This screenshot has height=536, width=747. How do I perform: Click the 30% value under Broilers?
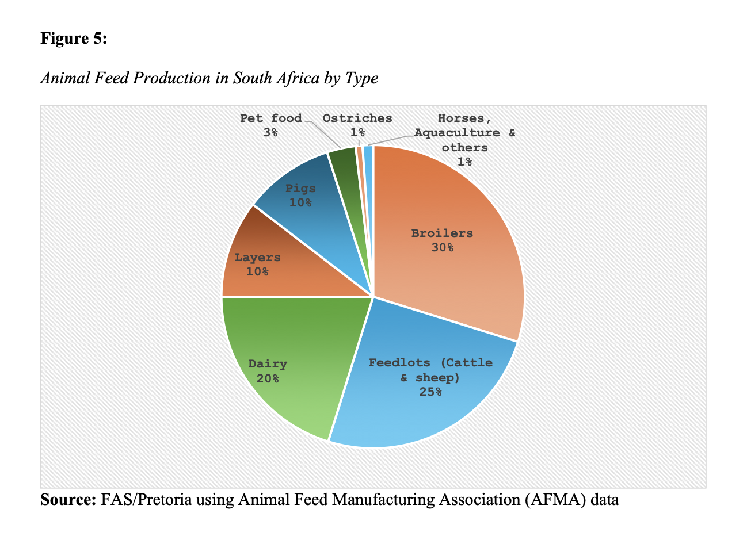pyautogui.click(x=442, y=248)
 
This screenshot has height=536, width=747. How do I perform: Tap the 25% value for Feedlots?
pyautogui.click(x=430, y=392)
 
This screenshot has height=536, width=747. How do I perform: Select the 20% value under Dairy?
pyautogui.click(x=268, y=378)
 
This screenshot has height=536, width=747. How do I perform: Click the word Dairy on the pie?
pyautogui.click(x=268, y=364)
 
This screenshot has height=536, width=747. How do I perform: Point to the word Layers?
pyautogui.click(x=257, y=258)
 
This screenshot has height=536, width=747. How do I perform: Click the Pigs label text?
pyautogui.click(x=300, y=189)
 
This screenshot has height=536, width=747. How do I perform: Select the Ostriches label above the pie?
pyautogui.click(x=357, y=118)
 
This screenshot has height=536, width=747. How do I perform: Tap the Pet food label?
pyautogui.click(x=270, y=118)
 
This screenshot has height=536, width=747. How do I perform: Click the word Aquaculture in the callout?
pyautogui.click(x=457, y=133)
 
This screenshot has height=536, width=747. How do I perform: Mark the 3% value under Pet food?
pyautogui.click(x=270, y=133)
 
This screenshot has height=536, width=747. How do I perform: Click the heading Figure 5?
pyautogui.click(x=74, y=39)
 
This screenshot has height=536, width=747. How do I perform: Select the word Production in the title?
pyautogui.click(x=172, y=78)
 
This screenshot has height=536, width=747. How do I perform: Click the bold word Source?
pyautogui.click(x=68, y=499)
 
